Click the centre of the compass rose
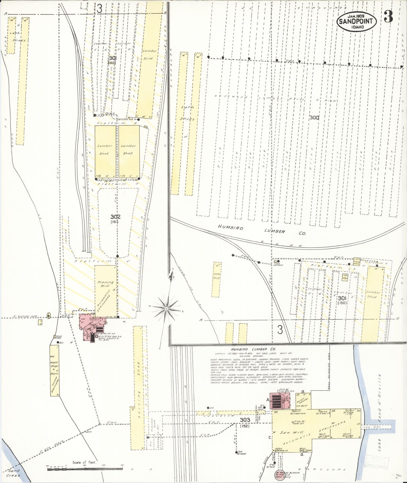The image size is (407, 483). pos(166,309)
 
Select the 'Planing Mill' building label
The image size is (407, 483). pos(105,284)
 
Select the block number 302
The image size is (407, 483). pos(115,217)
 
